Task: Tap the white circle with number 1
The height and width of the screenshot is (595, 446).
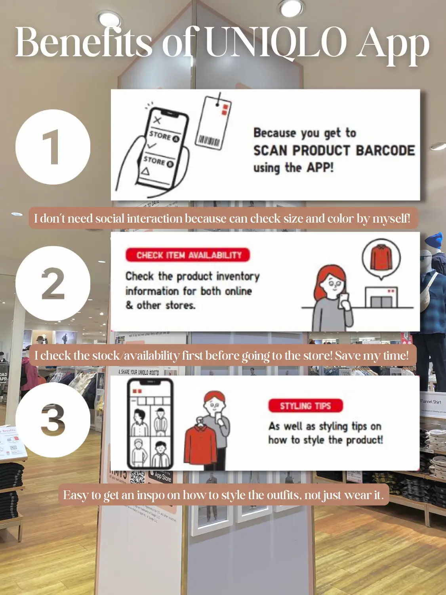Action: tap(53, 147)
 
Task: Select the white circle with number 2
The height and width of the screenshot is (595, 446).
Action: tap(53, 283)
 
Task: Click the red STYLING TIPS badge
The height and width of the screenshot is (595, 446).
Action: tap(305, 406)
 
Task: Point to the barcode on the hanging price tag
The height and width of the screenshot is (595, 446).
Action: tap(209, 141)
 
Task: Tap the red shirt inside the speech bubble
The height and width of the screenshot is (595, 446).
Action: tap(381, 257)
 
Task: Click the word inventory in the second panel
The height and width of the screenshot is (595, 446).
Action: tap(238, 276)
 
